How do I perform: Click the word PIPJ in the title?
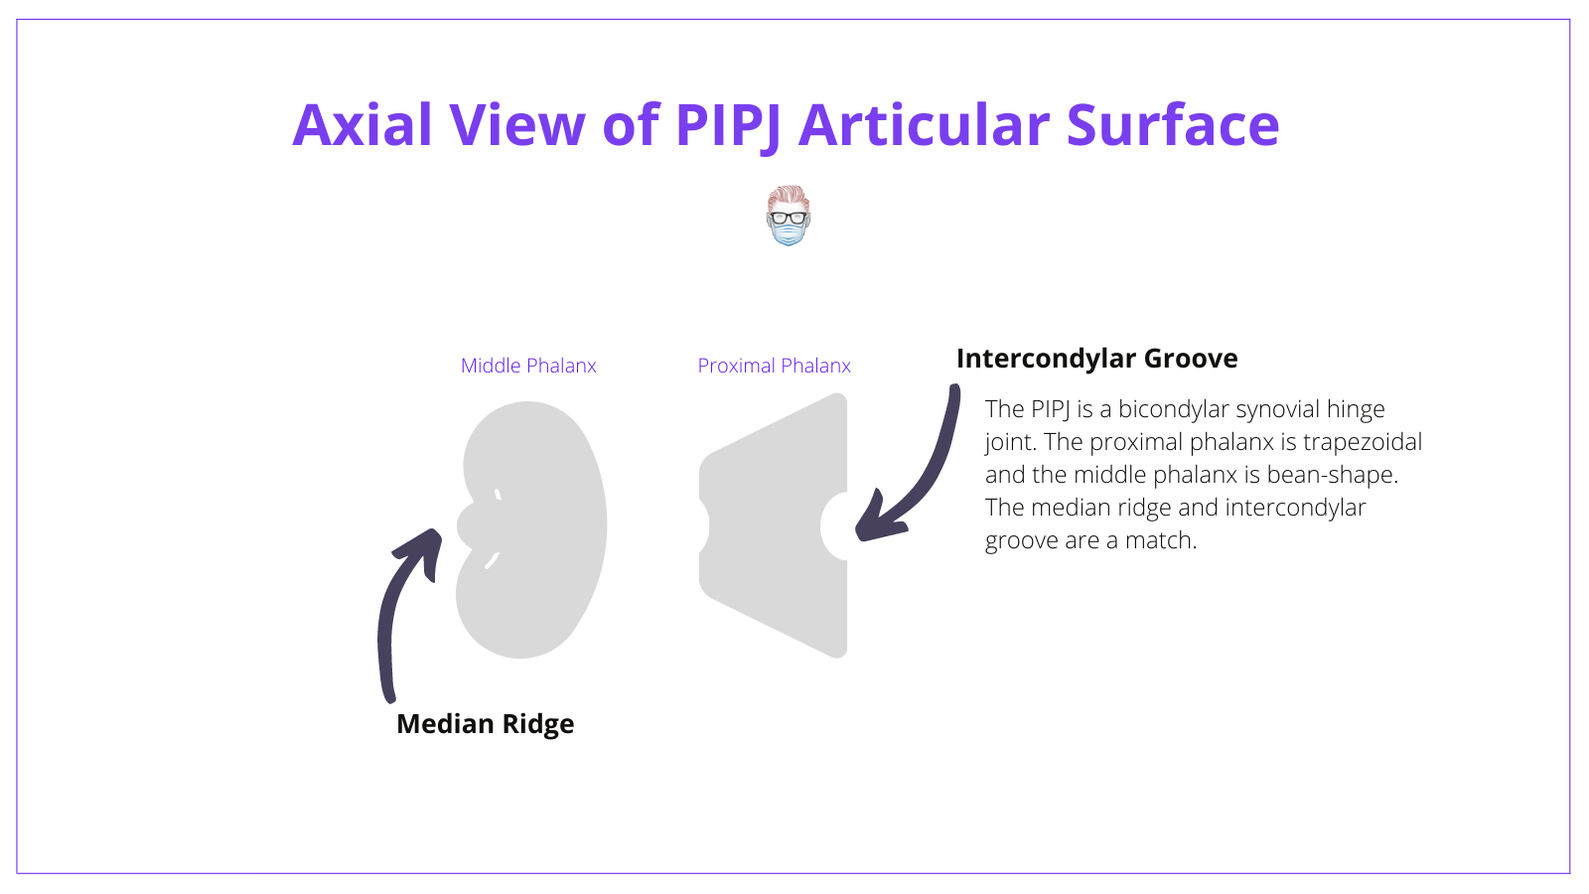[727, 126]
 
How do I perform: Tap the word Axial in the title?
[362, 126]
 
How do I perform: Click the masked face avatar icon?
[789, 216]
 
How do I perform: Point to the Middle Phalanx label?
[528, 366]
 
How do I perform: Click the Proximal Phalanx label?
[774, 366]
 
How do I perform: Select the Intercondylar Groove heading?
[1096, 359]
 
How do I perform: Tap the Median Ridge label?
[485, 724]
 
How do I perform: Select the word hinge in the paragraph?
[1356, 409]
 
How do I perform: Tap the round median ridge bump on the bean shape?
[475, 525]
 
